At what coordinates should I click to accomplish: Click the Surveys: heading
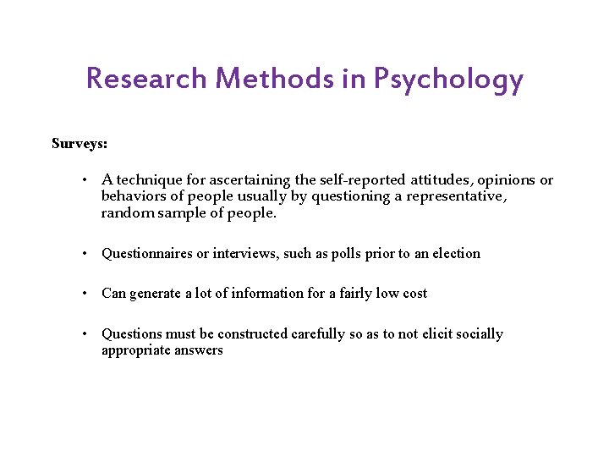point(80,143)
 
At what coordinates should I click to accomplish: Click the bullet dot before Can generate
point(86,294)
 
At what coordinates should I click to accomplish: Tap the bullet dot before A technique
point(86,180)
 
